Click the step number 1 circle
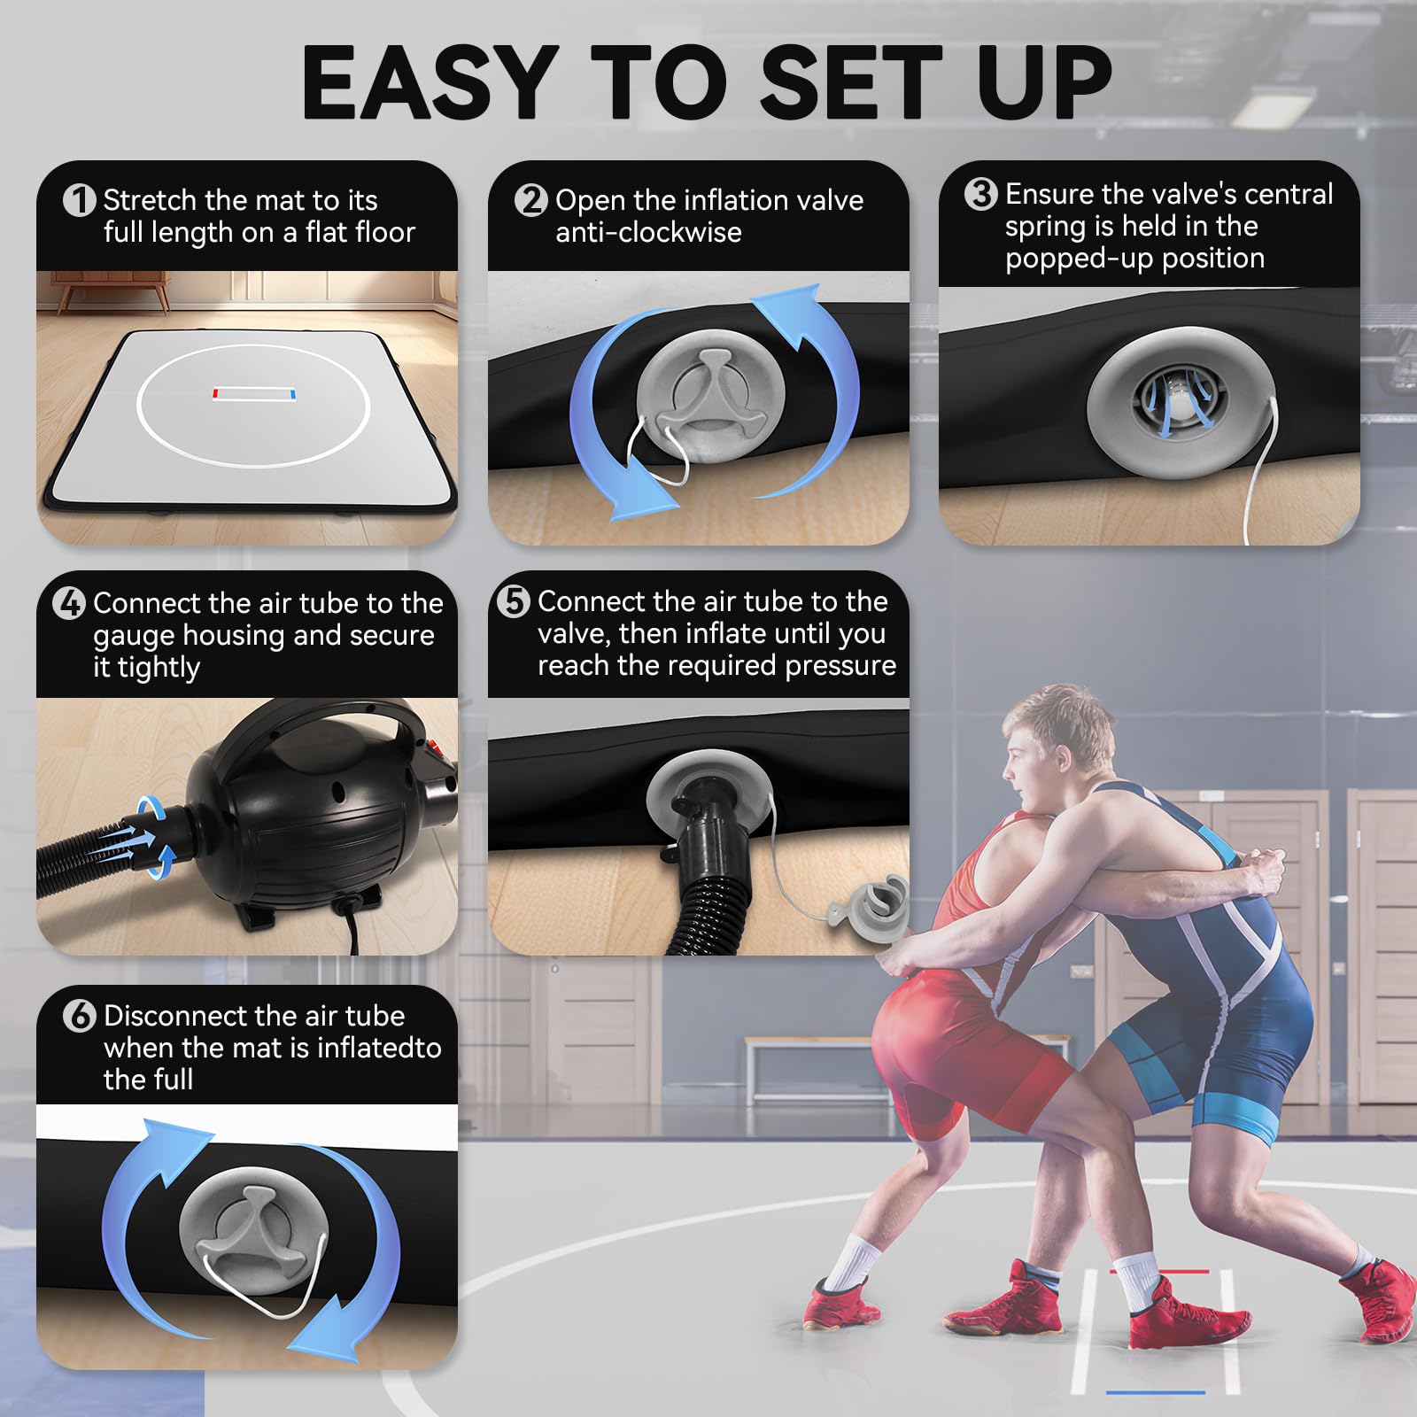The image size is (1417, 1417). tap(79, 200)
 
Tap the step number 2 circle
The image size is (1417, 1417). tap(530, 200)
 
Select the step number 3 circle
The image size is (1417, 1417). tap(980, 194)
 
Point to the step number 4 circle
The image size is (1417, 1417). tap(69, 603)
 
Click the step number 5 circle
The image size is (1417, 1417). tap(513, 601)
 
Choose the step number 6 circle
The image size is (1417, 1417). tap(79, 1016)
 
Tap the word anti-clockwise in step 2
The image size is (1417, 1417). tap(648, 233)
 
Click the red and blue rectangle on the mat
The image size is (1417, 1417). tap(254, 392)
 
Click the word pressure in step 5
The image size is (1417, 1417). tap(840, 667)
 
